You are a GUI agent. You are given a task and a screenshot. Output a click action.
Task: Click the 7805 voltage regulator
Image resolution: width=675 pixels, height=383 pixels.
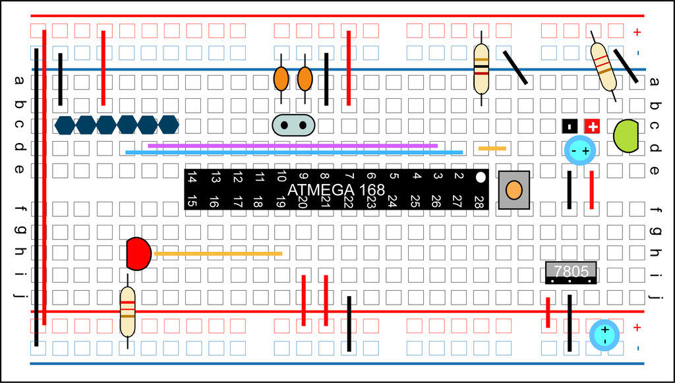point(571,272)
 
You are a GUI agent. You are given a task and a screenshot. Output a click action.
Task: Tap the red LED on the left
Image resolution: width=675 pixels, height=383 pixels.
point(138,254)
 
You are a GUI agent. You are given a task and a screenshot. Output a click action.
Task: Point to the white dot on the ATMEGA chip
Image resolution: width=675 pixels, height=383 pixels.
point(481,177)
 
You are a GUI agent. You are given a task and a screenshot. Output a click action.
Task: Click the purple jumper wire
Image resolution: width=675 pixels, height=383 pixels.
point(293,145)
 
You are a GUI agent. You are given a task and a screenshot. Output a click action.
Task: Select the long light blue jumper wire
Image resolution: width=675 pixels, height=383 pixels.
point(294,152)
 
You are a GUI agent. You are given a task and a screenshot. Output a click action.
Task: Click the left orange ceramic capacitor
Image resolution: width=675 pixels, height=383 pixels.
point(281,79)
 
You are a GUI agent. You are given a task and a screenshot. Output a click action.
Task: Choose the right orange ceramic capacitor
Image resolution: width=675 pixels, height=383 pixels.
point(305,79)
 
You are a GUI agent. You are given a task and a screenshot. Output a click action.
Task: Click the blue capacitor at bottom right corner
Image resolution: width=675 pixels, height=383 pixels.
point(604,334)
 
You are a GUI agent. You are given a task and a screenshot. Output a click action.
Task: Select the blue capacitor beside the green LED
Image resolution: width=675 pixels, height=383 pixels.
point(580,151)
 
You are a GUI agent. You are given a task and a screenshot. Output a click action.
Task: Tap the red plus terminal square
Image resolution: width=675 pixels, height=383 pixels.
point(593,127)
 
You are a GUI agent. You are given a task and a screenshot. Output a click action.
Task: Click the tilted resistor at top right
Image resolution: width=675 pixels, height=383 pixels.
point(602,67)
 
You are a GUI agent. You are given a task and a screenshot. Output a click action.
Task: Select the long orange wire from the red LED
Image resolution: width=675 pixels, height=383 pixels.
point(218,253)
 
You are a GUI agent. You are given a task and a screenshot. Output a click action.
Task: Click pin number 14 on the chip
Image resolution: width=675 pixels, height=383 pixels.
point(192,177)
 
